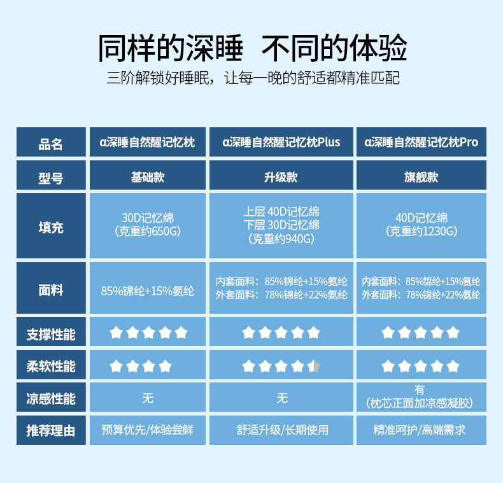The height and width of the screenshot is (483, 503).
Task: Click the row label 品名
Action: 51,143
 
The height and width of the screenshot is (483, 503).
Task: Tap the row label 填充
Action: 51,227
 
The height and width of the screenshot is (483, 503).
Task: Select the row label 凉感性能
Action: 51,399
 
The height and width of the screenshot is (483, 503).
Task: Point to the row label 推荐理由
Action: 51,431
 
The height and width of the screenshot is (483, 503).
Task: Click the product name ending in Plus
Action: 281,142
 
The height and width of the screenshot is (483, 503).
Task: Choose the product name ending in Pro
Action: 421,142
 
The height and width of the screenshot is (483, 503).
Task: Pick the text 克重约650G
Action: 148,232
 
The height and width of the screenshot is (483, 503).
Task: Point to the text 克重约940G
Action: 281,239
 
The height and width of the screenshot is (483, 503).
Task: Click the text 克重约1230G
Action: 421,232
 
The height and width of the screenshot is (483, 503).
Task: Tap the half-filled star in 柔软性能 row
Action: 314,366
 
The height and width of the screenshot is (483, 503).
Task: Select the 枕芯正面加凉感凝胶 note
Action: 421,403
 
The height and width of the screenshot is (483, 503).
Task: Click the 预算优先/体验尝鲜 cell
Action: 148,430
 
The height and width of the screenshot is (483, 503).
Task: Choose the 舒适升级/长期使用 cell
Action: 281,430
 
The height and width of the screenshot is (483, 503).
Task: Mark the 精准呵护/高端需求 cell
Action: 421,430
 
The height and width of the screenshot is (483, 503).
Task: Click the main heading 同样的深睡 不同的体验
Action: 251,48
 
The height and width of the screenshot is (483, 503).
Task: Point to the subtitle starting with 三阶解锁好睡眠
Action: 251,79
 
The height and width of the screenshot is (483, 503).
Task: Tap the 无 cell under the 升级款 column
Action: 281,398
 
